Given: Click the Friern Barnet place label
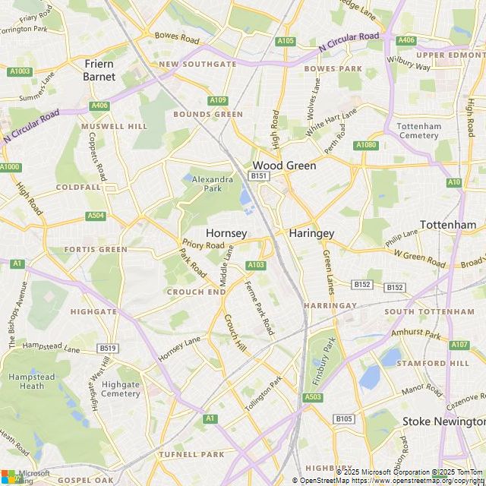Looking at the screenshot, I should [99, 71].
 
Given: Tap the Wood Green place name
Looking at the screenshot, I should [278, 165].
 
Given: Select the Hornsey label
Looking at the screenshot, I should [226, 233].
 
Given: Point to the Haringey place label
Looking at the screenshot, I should [312, 234].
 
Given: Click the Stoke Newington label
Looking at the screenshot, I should [443, 421].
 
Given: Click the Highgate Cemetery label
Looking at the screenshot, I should [121, 389].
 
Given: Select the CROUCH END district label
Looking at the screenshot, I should [195, 292].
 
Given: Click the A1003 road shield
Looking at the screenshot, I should [21, 71].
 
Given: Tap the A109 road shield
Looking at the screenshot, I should [218, 100].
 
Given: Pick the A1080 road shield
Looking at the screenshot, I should [365, 145].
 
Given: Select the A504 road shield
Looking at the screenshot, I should [96, 216].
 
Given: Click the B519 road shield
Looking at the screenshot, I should [108, 349].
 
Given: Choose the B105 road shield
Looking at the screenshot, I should [344, 418].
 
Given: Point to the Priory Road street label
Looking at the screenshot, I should [204, 245].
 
